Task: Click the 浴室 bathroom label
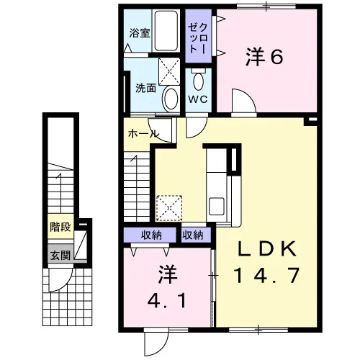point(140,33)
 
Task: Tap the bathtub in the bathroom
point(166,30)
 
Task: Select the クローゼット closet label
point(197,38)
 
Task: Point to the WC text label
point(198,99)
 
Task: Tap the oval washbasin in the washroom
point(171,99)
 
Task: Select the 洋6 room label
point(264,57)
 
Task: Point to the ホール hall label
point(143,133)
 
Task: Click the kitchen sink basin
point(217,206)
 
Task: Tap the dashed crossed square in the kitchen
point(169,208)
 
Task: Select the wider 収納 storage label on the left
point(151,235)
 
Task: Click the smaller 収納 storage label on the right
point(193,235)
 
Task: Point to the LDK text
point(266,249)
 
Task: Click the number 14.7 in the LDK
point(266,276)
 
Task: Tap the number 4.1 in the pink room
point(166,302)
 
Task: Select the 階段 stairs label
point(60,227)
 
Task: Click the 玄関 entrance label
point(60,255)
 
